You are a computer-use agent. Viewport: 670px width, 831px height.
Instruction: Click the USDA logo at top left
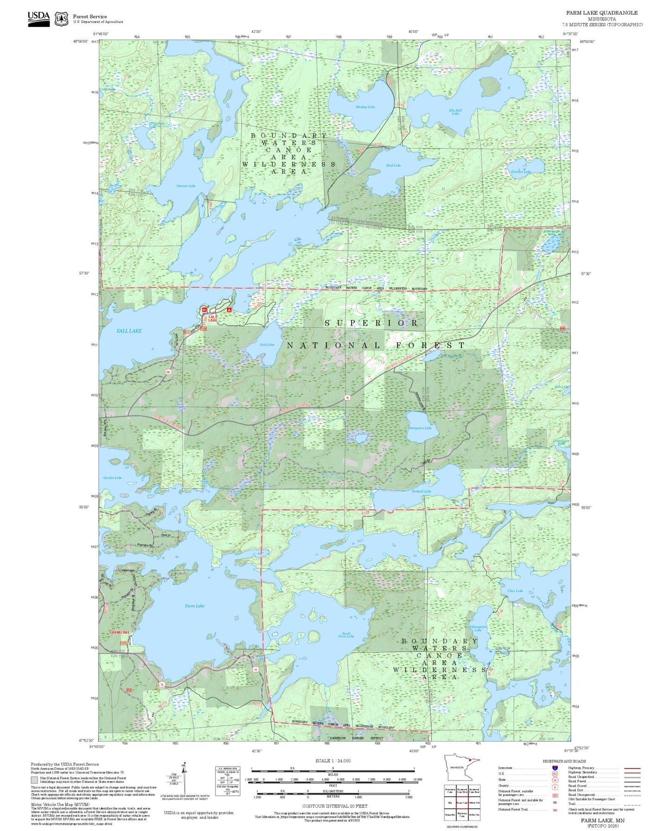(38, 18)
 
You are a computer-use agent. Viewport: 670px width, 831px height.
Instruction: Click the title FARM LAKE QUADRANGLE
(601, 13)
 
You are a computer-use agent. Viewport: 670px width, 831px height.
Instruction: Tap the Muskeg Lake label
(365, 107)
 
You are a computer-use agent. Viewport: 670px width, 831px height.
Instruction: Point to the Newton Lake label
(185, 186)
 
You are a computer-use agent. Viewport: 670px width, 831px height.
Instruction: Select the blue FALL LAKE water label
(129, 331)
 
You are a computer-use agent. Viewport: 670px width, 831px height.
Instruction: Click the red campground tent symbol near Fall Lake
(229, 309)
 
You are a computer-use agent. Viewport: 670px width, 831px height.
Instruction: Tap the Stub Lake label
(267, 345)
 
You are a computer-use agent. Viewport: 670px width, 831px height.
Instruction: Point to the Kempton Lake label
(420, 428)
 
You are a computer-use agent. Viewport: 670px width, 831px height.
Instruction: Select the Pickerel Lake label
(421, 491)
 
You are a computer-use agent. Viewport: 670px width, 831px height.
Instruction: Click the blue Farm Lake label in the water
(194, 606)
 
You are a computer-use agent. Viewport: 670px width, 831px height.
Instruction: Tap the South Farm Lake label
(346, 635)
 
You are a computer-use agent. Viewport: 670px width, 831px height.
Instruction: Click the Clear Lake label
(515, 591)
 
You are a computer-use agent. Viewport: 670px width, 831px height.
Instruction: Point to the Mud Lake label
(393, 165)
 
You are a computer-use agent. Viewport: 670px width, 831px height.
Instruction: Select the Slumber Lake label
(520, 171)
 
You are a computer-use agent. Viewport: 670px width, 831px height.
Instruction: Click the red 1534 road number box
(123, 643)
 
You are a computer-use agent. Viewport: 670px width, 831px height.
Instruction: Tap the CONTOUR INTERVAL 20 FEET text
(334, 806)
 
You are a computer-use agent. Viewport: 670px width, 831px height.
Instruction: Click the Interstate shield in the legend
(555, 768)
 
